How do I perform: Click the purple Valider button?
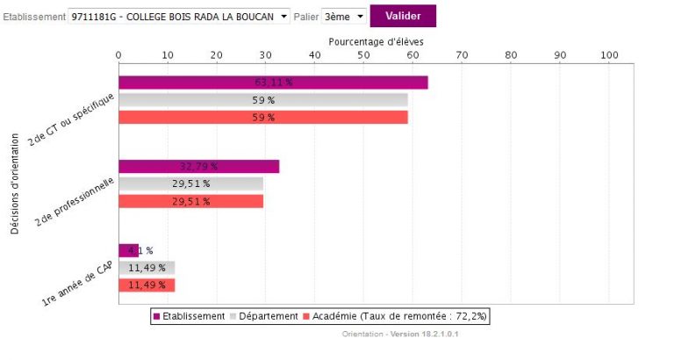click(403, 16)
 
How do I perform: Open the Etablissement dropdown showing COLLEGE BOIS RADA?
click(179, 17)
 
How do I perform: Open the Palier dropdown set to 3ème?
click(343, 17)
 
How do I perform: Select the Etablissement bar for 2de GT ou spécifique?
click(273, 83)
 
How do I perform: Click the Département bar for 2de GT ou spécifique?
click(262, 100)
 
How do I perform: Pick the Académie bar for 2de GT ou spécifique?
click(262, 117)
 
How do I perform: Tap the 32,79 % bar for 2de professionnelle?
click(198, 166)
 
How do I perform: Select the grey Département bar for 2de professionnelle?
click(190, 184)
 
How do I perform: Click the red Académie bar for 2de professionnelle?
click(190, 201)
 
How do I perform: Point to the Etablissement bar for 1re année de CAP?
click(128, 250)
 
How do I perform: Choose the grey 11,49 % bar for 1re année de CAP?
click(147, 268)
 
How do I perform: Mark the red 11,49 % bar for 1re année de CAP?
click(147, 284)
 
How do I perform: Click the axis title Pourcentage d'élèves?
click(376, 41)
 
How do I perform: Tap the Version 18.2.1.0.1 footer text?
click(430, 335)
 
